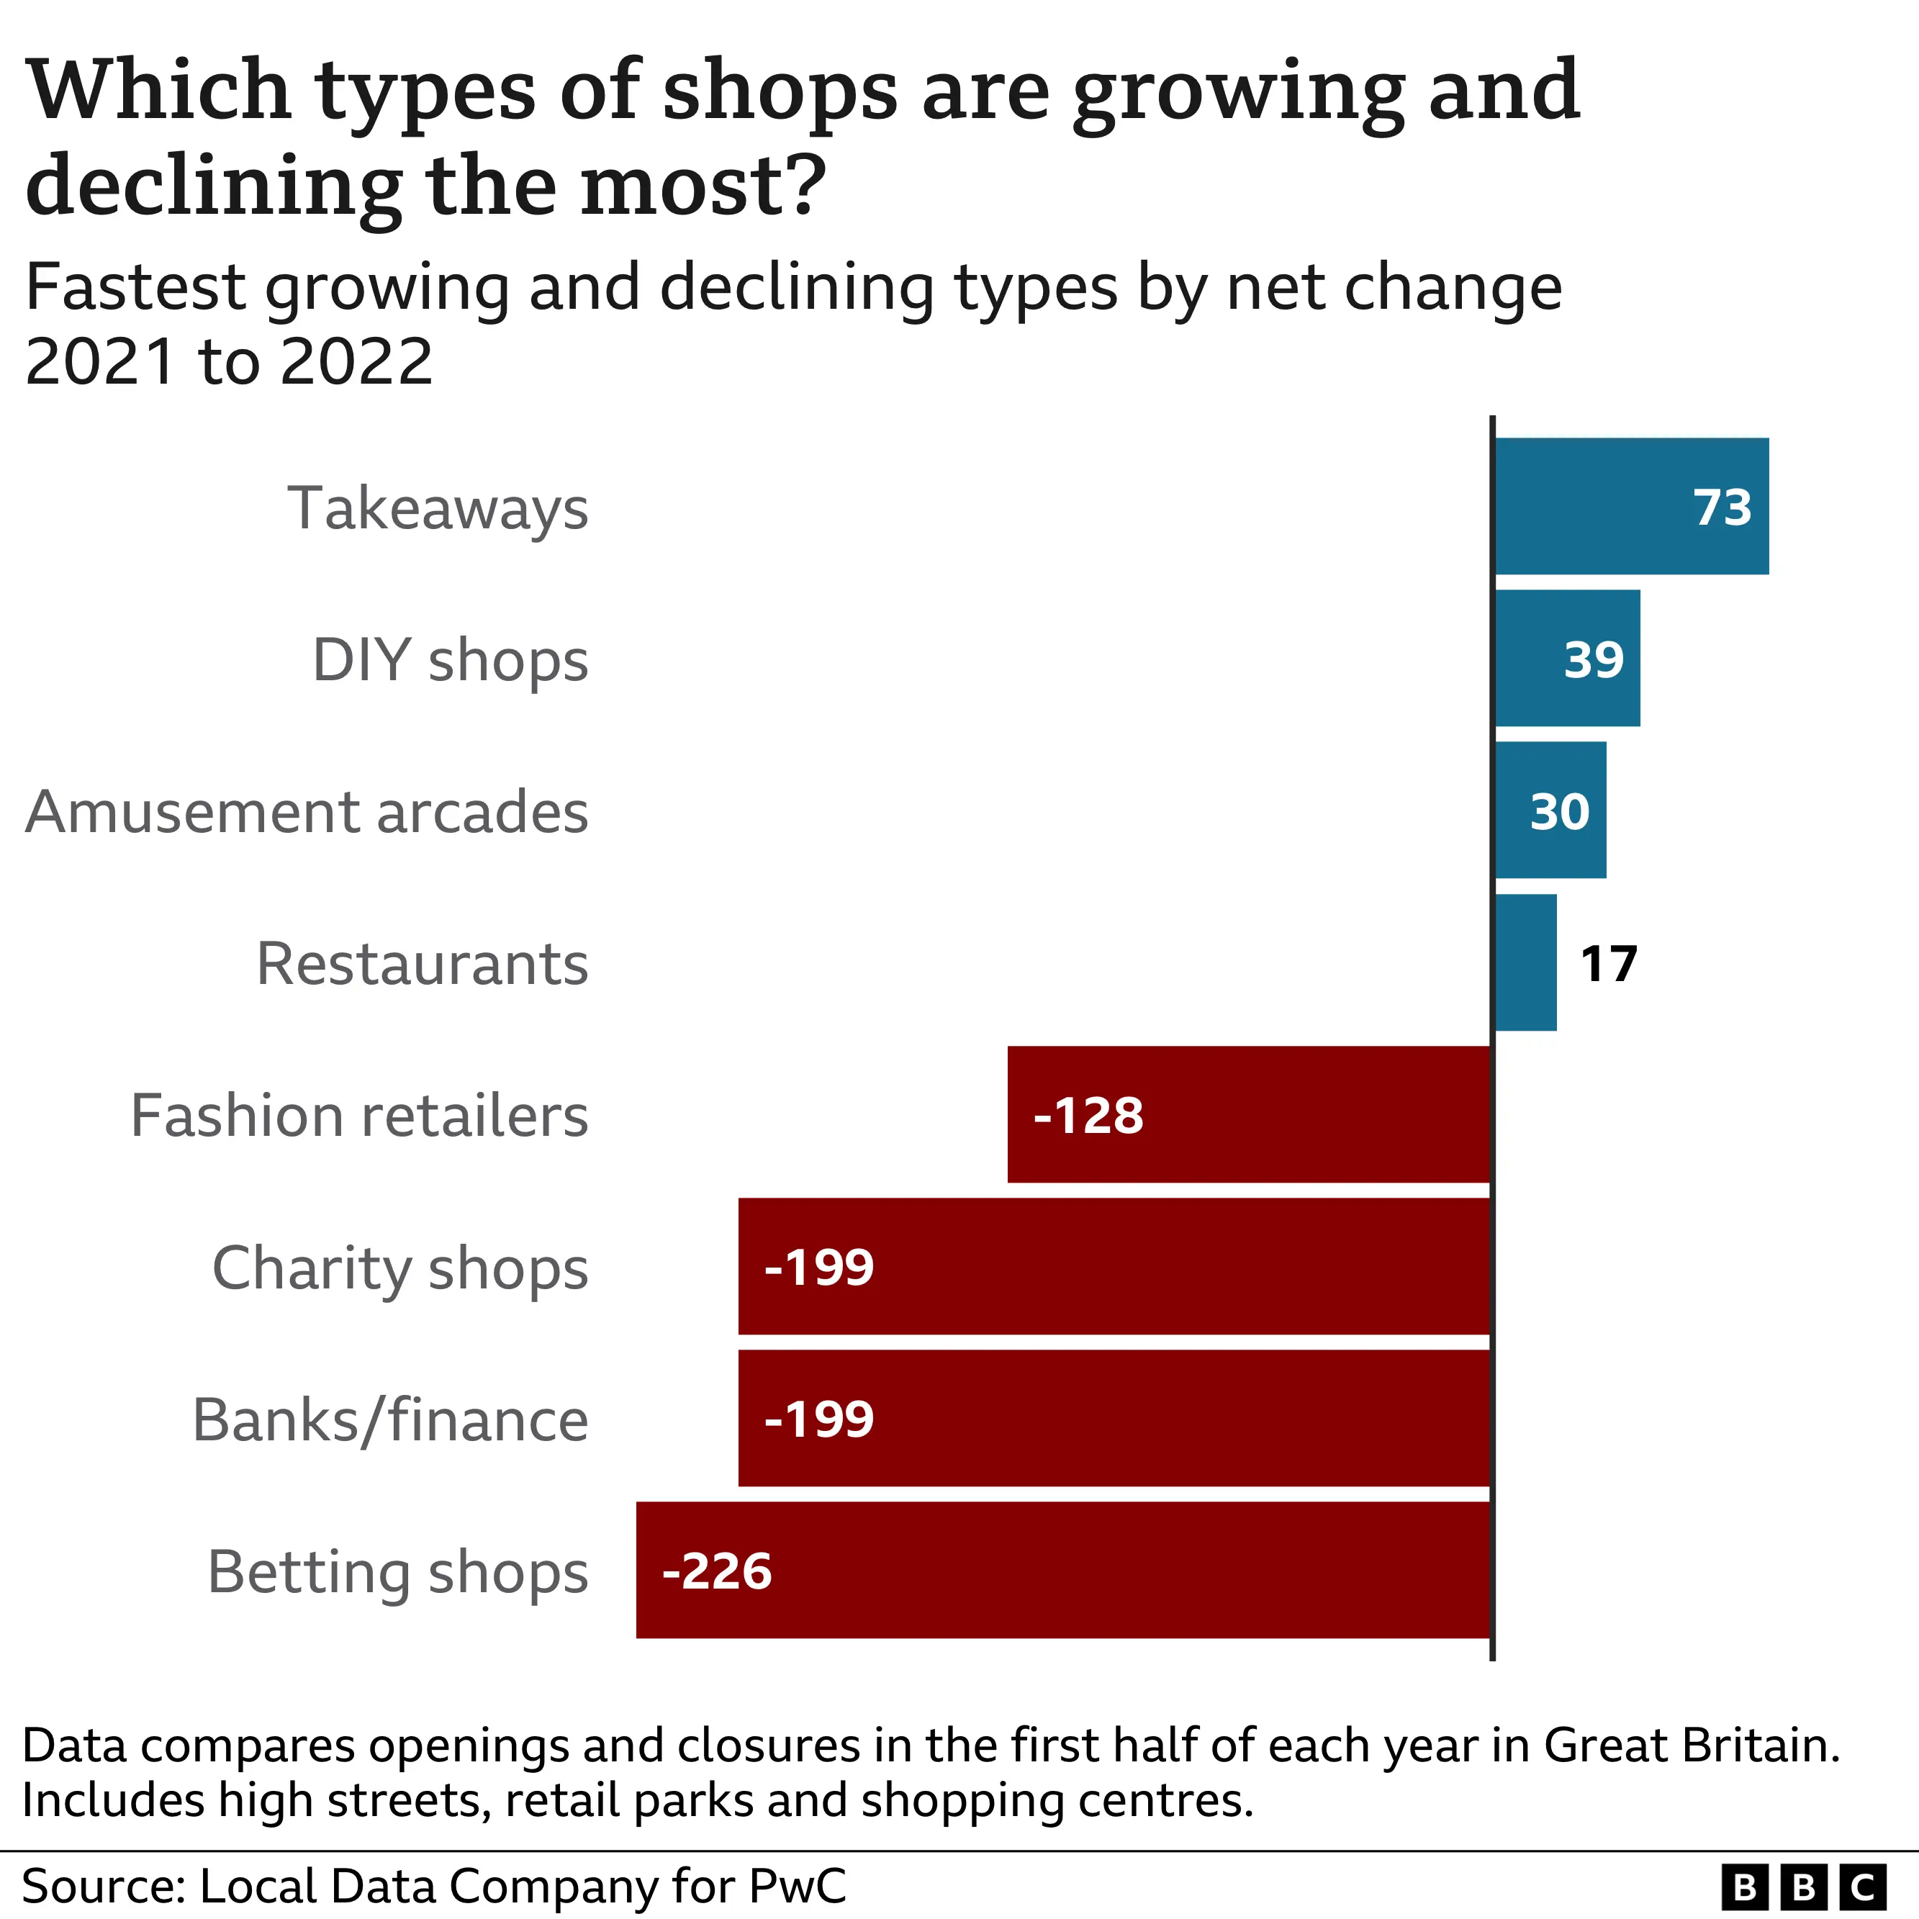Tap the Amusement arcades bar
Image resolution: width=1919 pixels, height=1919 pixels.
1550,810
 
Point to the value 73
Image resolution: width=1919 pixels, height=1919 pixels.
1722,507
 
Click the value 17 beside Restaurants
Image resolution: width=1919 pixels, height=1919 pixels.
1608,964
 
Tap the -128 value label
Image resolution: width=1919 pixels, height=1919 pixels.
1088,1116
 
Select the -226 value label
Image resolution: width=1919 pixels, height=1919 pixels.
716,1571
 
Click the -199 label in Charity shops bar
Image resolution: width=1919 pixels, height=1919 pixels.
818,1268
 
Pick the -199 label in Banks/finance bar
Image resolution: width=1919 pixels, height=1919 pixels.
818,1419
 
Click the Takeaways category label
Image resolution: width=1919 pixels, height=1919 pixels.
438,509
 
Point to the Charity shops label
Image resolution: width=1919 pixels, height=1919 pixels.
400,1268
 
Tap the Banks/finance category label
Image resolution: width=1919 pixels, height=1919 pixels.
390,1420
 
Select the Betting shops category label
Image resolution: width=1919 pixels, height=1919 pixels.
397,1572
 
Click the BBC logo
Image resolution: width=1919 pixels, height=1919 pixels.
1803,1886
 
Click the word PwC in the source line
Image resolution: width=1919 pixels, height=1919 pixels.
798,1886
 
